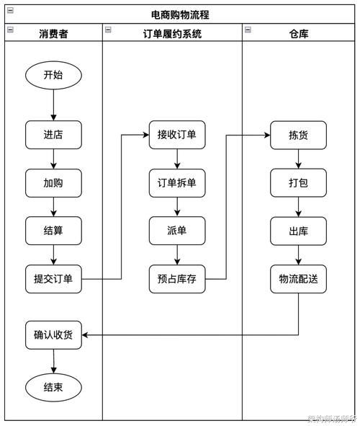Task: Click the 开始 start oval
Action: point(53,75)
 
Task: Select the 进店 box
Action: point(53,134)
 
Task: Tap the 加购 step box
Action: point(53,183)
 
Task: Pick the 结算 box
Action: point(53,231)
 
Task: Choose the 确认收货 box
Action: point(53,334)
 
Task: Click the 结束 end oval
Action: point(53,387)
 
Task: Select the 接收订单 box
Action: point(177,134)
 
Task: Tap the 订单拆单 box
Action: point(177,183)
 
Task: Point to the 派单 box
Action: point(177,231)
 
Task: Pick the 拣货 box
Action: point(298,134)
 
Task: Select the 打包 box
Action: point(298,183)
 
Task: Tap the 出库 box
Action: point(298,231)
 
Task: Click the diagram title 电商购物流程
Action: point(180,14)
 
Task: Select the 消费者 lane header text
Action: point(53,33)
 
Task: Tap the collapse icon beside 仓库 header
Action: point(248,30)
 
